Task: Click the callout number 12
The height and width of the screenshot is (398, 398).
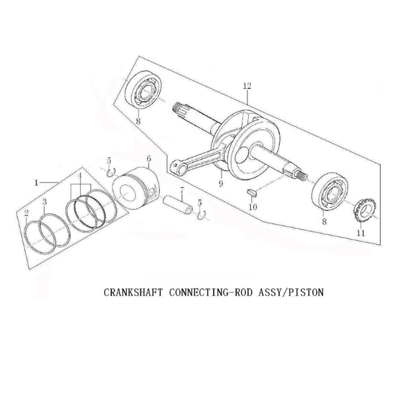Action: point(247,86)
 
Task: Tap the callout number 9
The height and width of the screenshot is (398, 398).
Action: point(221,183)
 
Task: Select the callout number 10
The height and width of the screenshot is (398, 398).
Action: point(253,207)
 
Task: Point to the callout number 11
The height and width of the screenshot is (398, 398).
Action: point(361,233)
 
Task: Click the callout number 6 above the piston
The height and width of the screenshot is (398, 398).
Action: point(149,159)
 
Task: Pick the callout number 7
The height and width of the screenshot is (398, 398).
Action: point(182,190)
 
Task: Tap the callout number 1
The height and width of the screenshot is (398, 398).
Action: point(36,182)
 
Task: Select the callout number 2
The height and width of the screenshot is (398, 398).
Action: point(26,214)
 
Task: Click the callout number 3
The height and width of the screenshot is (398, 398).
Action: point(44,202)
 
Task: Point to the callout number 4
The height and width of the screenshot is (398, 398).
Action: point(80,176)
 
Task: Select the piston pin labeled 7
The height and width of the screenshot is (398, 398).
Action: point(178,205)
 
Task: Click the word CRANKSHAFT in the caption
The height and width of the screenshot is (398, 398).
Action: point(133,292)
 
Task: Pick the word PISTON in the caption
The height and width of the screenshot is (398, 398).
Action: point(306,292)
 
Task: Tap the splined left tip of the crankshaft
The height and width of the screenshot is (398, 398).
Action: point(176,107)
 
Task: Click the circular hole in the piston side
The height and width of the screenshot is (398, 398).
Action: point(125,192)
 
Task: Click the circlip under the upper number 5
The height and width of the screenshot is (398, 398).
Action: point(111,172)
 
